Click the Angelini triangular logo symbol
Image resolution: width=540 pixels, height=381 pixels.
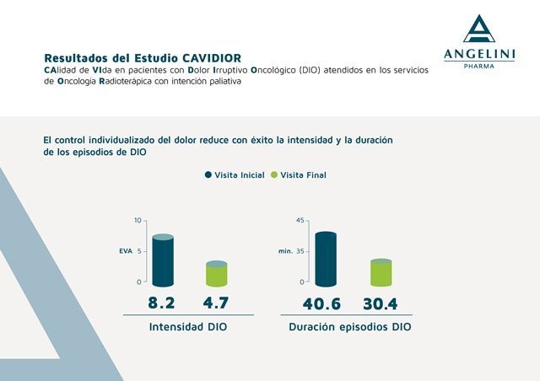[x=480, y=30]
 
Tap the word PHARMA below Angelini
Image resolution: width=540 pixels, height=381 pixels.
[x=480, y=65]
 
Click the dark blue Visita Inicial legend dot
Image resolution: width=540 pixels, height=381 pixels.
[x=208, y=175]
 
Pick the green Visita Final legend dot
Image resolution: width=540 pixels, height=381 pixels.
[x=273, y=175]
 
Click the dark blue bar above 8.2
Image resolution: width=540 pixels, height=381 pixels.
[x=163, y=260]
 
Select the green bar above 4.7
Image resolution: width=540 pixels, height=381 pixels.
[x=217, y=274]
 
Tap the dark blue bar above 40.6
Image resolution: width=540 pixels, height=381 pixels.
[x=326, y=259]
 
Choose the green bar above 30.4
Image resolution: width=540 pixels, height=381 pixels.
[x=381, y=273]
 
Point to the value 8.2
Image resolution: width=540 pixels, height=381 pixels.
[x=162, y=303]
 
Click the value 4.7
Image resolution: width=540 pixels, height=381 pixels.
[x=216, y=303]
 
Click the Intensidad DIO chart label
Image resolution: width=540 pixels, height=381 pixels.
[x=187, y=326]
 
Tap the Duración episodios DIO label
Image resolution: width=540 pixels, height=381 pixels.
[x=350, y=326]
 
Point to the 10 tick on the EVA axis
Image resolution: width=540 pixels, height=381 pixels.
[x=138, y=221]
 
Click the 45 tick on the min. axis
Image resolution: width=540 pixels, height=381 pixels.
[x=298, y=221]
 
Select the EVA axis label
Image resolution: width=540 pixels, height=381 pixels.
[x=126, y=251]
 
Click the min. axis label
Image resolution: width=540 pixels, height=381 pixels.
[x=284, y=251]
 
